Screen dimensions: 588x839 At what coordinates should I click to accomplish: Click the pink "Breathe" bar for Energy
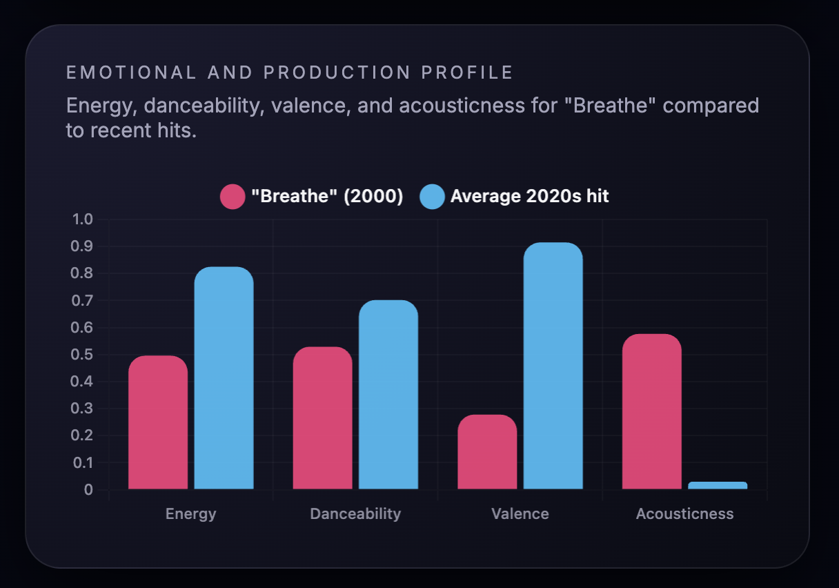click(x=158, y=422)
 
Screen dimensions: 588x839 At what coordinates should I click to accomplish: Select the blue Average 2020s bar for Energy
click(x=224, y=378)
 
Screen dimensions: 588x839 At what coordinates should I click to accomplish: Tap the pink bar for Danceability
click(x=322, y=418)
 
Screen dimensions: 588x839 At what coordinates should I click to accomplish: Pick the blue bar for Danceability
click(x=388, y=395)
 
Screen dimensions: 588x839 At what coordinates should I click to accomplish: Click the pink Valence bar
click(x=487, y=452)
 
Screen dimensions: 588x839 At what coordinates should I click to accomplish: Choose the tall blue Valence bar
click(x=553, y=366)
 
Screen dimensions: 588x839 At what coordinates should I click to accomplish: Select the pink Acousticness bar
click(x=651, y=411)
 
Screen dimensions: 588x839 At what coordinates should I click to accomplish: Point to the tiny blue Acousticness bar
click(x=718, y=485)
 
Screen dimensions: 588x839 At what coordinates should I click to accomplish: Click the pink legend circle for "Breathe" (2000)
click(x=233, y=197)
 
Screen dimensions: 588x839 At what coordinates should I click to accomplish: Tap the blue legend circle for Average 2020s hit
click(x=432, y=197)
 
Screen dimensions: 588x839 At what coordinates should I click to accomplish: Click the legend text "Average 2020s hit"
click(x=529, y=197)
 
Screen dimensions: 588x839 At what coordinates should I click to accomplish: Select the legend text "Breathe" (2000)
click(x=327, y=197)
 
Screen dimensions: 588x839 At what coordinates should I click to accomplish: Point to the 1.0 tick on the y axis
click(x=82, y=219)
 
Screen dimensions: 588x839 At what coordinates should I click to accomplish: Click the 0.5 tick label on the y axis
click(x=82, y=355)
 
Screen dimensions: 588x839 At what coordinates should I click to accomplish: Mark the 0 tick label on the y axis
click(x=88, y=490)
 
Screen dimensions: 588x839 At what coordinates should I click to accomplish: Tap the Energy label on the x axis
click(x=190, y=514)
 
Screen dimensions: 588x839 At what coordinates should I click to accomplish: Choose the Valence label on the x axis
click(x=520, y=514)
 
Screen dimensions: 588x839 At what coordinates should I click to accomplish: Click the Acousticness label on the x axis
click(x=684, y=514)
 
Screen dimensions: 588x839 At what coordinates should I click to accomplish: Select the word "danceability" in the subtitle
click(x=204, y=106)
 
